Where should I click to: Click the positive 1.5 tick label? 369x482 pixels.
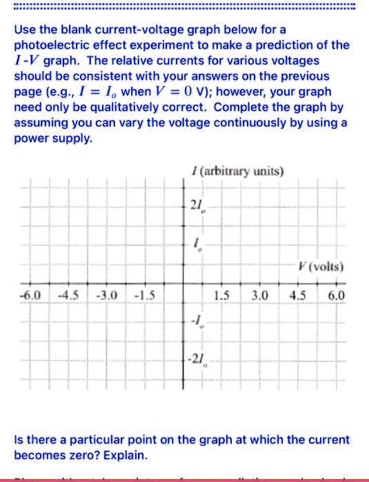(x=222, y=298)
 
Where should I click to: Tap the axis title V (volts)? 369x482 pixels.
(x=317, y=266)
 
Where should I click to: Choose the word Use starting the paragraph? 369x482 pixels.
(x=26, y=30)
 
